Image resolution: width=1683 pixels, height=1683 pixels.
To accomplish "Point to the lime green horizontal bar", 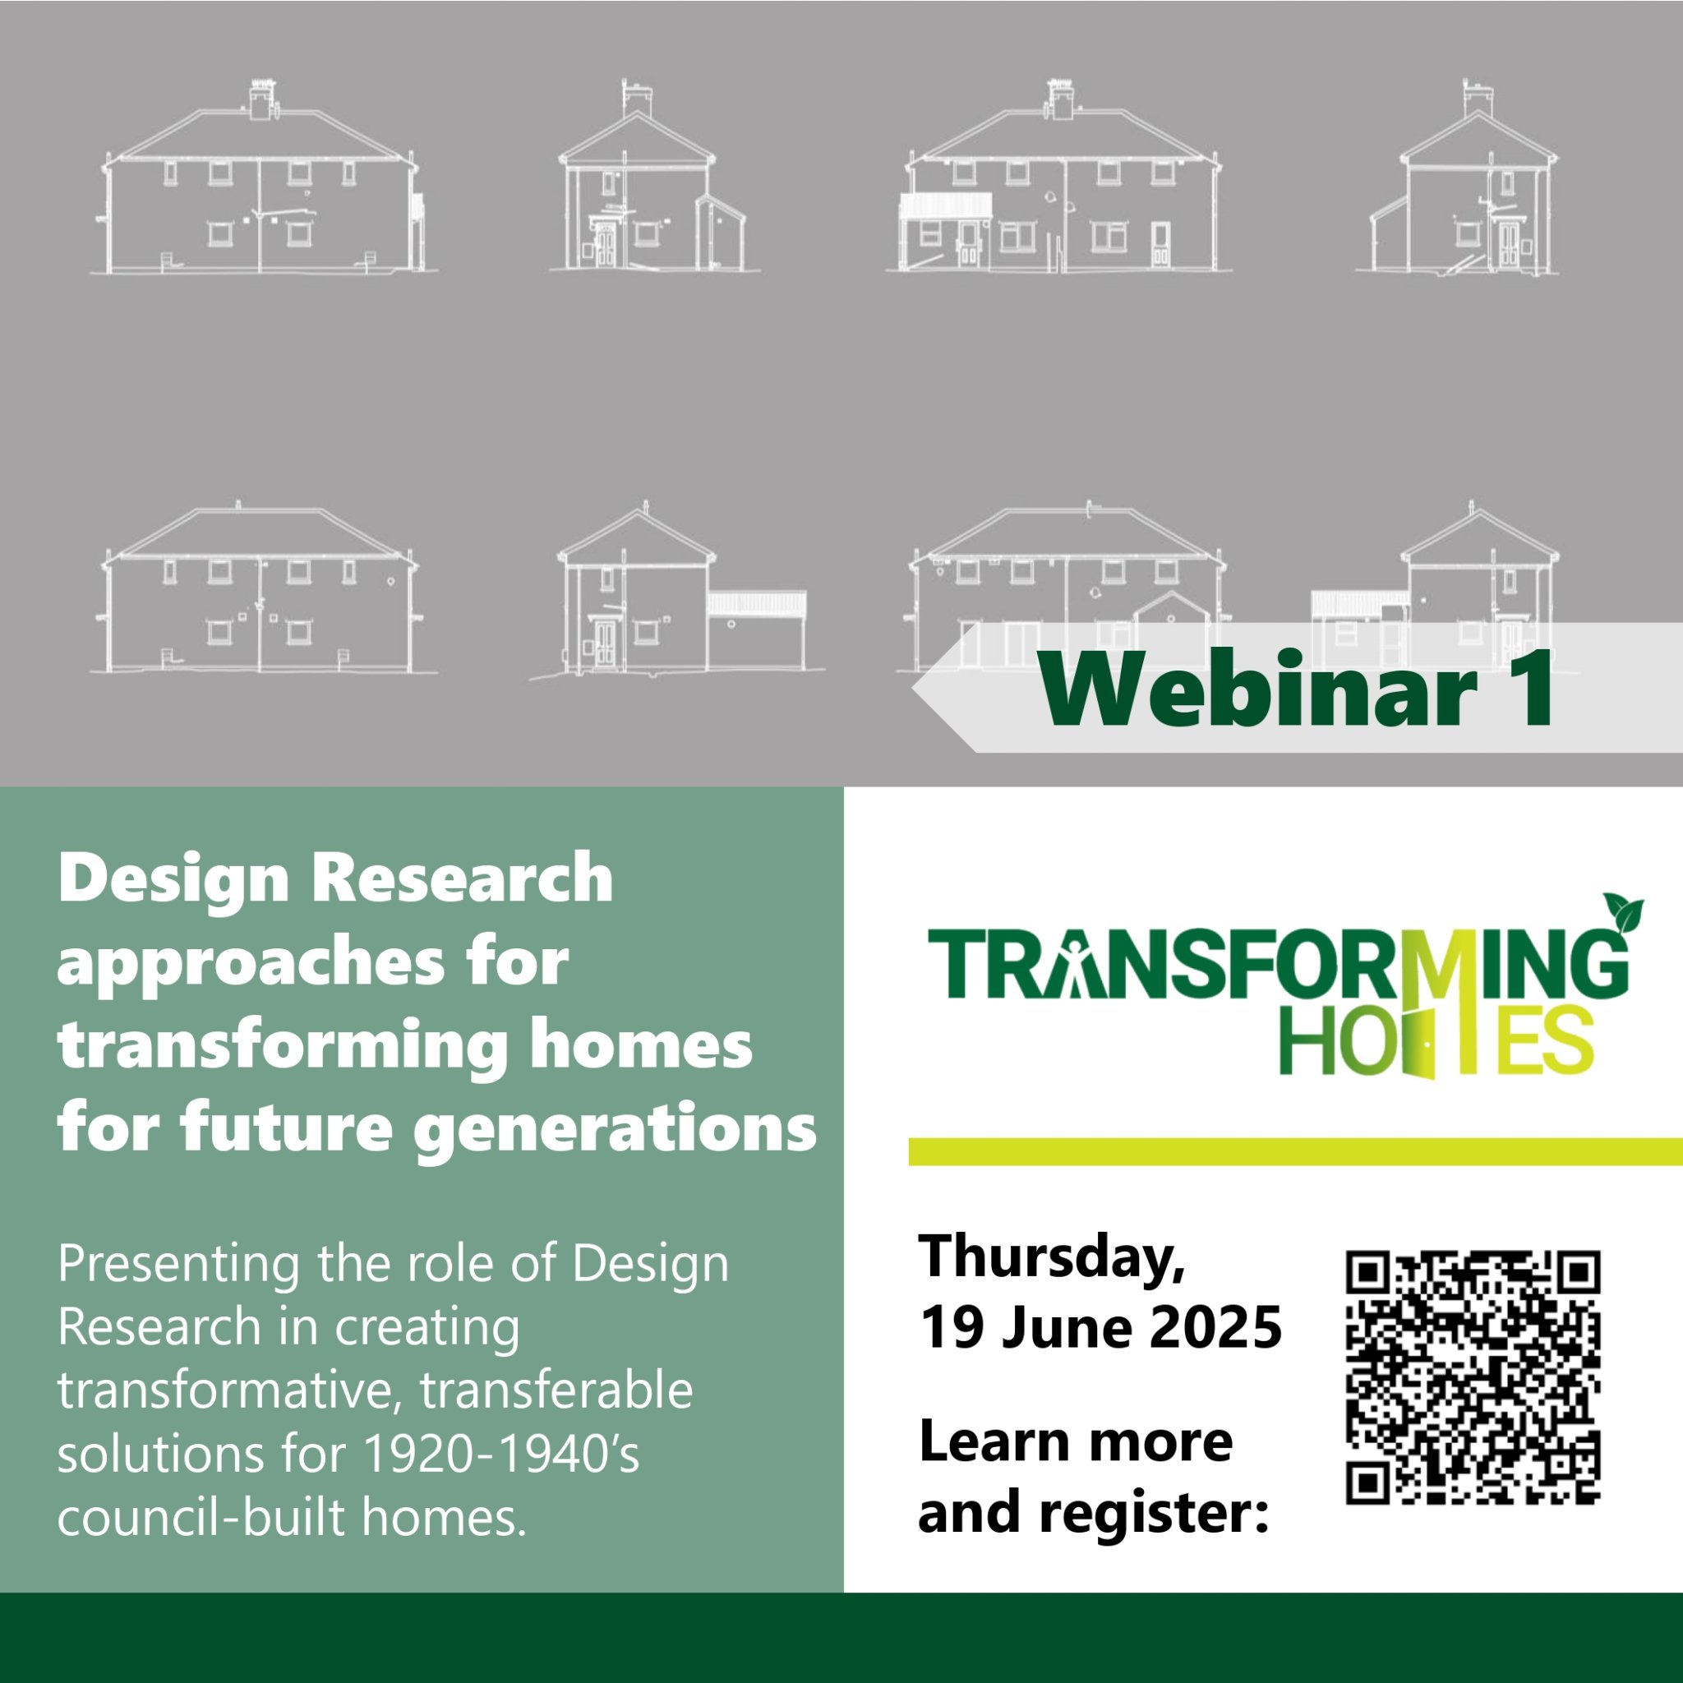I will [1295, 1151].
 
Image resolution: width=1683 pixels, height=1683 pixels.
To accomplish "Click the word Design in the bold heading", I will [173, 880].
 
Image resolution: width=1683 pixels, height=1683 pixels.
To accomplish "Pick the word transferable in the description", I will [556, 1390].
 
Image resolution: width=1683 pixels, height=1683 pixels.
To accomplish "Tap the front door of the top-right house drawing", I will [1508, 244].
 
